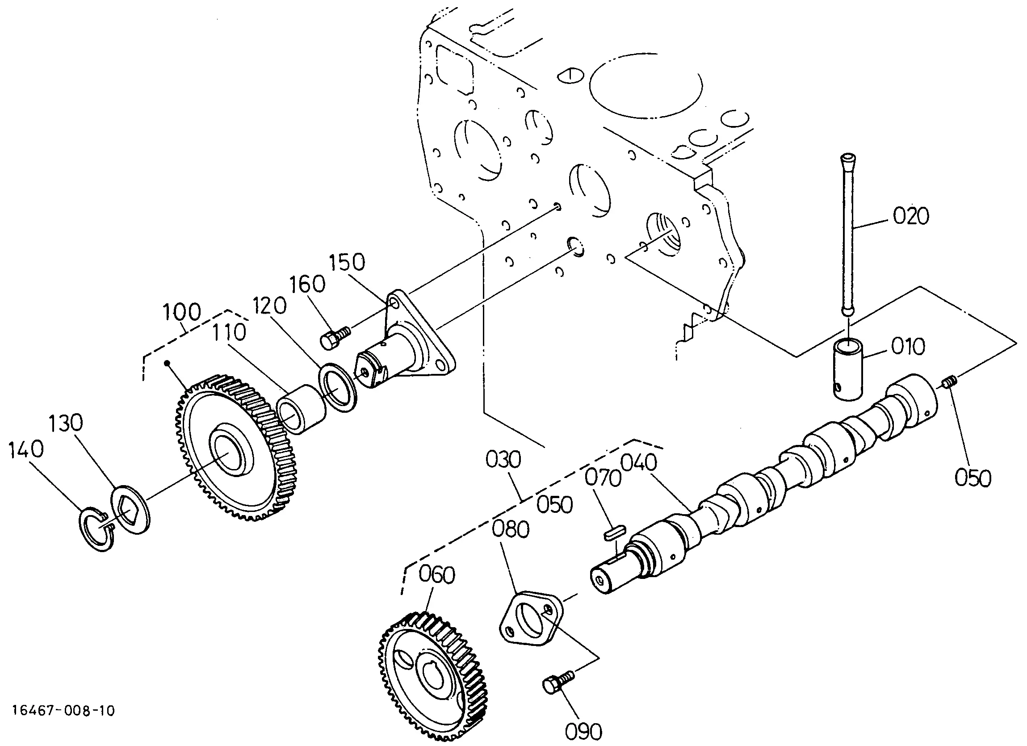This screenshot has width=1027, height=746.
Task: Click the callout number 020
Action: pyautogui.click(x=910, y=216)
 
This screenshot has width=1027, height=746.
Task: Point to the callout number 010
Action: pyautogui.click(x=908, y=347)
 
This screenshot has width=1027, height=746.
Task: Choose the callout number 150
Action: pyautogui.click(x=347, y=262)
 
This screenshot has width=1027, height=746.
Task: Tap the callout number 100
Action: pyautogui.click(x=181, y=313)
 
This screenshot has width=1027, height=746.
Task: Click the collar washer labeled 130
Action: pyautogui.click(x=130, y=510)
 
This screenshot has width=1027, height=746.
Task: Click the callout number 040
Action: pyautogui.click(x=638, y=463)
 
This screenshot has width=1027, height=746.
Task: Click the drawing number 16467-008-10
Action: pyautogui.click(x=64, y=710)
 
